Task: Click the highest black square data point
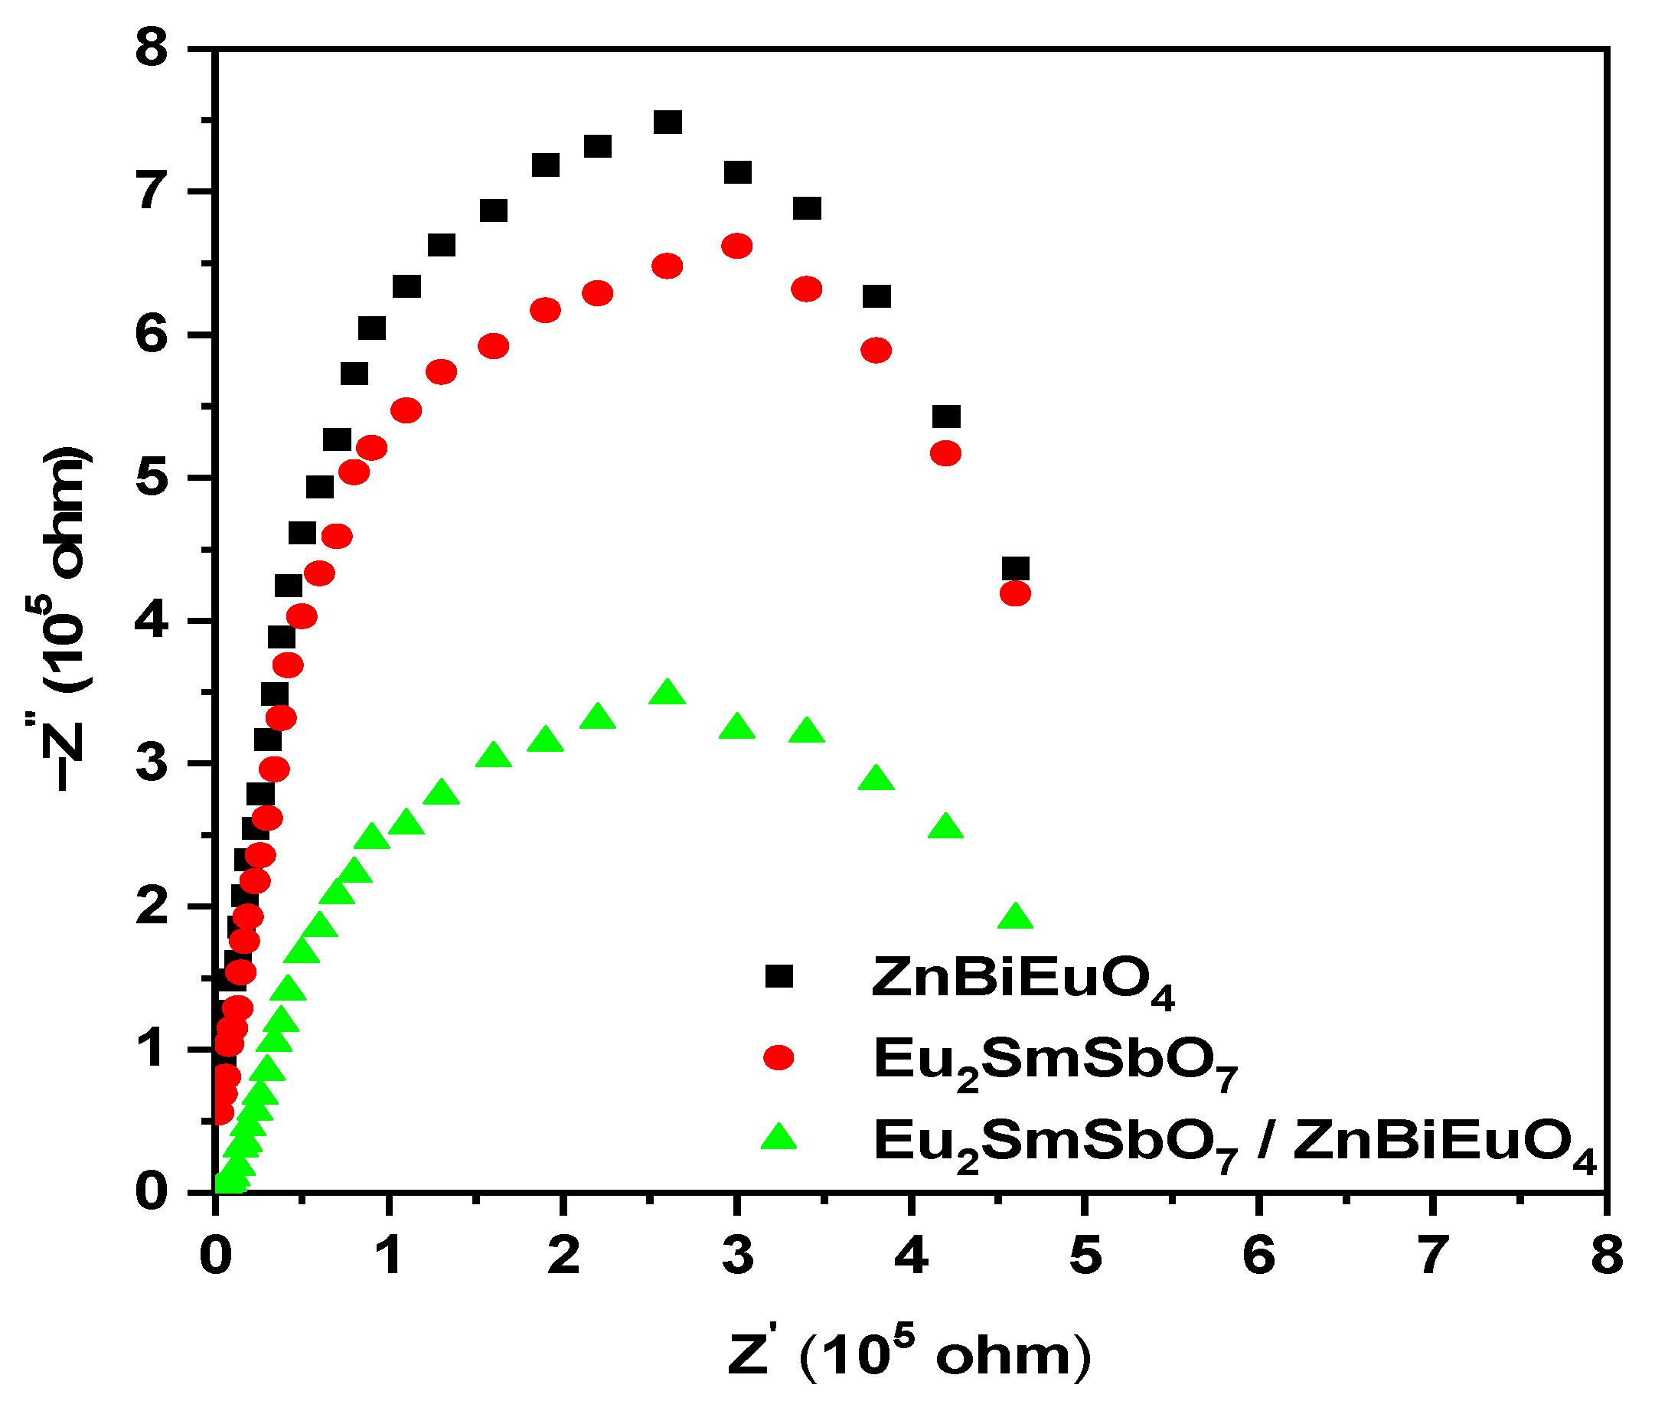pos(668,122)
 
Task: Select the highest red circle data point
pos(736,247)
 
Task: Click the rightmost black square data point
pos(1015,569)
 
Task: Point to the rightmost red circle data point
pos(1015,593)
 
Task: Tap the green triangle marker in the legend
pos(779,1138)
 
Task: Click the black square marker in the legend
pos(779,976)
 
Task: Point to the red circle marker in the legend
pos(779,1057)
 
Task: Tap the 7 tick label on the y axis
pos(153,192)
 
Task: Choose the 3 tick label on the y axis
pos(153,764)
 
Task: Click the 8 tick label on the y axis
pos(153,49)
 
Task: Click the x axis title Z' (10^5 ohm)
pos(909,1354)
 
